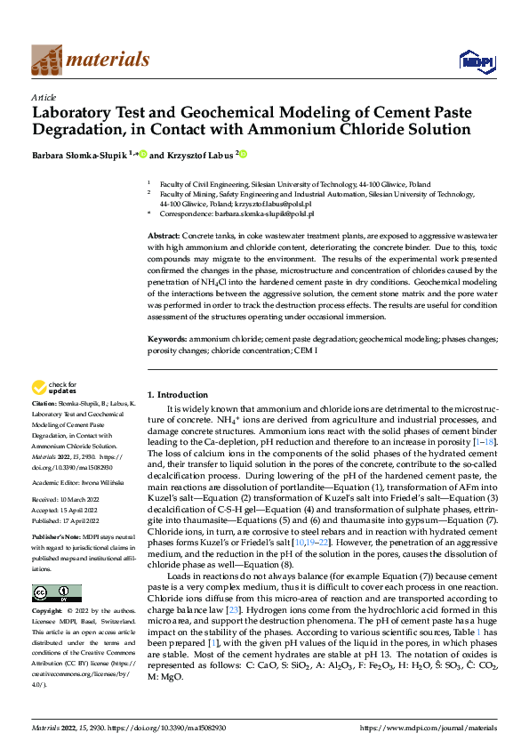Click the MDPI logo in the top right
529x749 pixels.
pos(475,60)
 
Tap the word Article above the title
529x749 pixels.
pos(44,97)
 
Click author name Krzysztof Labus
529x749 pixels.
pos(199,155)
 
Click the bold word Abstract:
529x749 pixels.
pos(164,233)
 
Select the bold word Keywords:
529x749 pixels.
pos(166,339)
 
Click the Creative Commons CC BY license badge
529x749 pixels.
pos(56,593)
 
